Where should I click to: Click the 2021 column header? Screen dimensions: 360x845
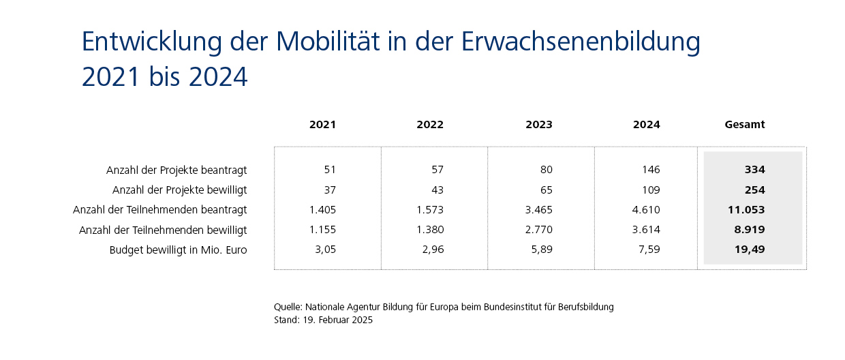pos(322,125)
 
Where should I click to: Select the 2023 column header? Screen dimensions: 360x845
pos(538,125)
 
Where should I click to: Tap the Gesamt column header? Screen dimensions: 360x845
pos(744,125)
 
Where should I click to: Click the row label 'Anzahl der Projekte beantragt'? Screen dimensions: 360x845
pos(176,170)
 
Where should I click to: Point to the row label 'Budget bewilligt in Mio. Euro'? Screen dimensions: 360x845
pos(178,250)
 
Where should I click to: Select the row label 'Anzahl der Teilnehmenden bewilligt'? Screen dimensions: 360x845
pos(163,230)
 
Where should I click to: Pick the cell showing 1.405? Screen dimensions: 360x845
pos(322,210)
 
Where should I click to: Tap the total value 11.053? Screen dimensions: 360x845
pos(746,210)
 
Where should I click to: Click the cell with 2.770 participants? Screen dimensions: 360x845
pos(538,230)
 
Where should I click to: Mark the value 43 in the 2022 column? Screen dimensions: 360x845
pos(436,190)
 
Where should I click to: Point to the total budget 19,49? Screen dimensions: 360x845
pos(750,250)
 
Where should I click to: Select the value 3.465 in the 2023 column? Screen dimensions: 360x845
pos(538,210)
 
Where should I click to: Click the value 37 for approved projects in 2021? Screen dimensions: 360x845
pos(329,190)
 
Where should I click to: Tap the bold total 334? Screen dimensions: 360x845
pos(754,170)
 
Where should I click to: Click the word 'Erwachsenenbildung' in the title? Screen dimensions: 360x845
pos(581,42)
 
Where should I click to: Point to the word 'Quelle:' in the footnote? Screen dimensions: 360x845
pos(288,307)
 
